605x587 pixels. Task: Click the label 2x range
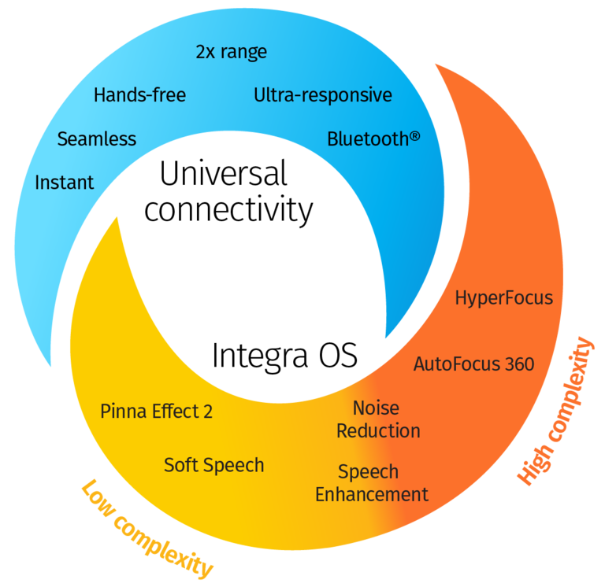(231, 53)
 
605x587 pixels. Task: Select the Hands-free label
(139, 96)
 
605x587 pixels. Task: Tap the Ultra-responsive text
(322, 96)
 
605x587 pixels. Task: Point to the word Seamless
(96, 139)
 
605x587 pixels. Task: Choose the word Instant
(64, 183)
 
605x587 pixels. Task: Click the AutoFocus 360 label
(473, 364)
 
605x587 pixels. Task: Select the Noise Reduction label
(378, 419)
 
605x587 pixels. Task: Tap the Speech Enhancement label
(372, 483)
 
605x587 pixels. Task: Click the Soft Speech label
(213, 465)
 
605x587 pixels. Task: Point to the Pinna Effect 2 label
(156, 412)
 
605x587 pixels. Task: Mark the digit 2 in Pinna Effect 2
(208, 412)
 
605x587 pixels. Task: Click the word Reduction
(378, 431)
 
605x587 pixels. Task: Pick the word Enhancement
(372, 495)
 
